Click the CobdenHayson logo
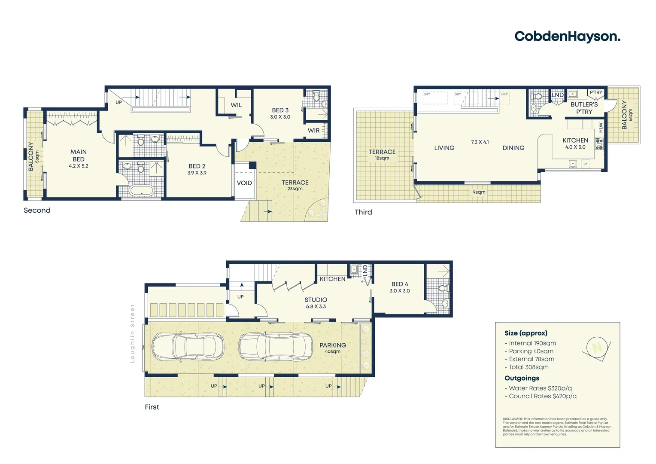[x=567, y=37]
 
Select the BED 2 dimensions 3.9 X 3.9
[x=197, y=173]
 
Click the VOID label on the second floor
[x=244, y=183]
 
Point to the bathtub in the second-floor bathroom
[x=141, y=190]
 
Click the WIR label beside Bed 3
[x=313, y=131]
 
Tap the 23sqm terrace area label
[x=295, y=189]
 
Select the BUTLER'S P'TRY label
[x=584, y=108]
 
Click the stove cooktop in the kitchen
[x=599, y=144]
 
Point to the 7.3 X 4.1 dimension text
[x=480, y=142]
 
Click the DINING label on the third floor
[x=513, y=148]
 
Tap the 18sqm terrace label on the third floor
[x=382, y=158]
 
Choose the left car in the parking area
[x=187, y=346]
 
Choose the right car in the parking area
[x=275, y=346]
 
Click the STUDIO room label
[x=316, y=300]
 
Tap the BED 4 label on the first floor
[x=400, y=284]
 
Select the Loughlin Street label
[x=133, y=333]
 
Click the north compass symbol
[x=597, y=347]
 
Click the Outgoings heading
[x=522, y=378]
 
